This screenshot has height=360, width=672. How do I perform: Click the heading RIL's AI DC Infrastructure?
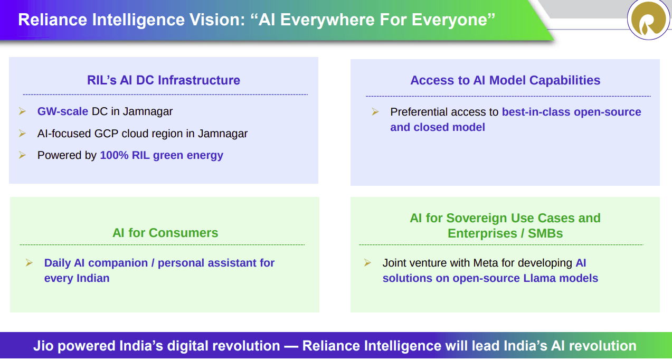(x=163, y=80)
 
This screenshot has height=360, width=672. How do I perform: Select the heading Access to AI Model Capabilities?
(x=505, y=80)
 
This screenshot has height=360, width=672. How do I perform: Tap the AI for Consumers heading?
(x=165, y=233)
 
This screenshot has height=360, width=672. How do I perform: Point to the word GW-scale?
(x=62, y=111)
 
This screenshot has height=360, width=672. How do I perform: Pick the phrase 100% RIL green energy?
(x=162, y=155)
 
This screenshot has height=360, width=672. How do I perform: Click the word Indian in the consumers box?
(x=92, y=278)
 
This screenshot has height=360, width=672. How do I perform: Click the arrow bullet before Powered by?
(x=22, y=155)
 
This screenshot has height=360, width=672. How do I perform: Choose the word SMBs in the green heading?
(x=545, y=233)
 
